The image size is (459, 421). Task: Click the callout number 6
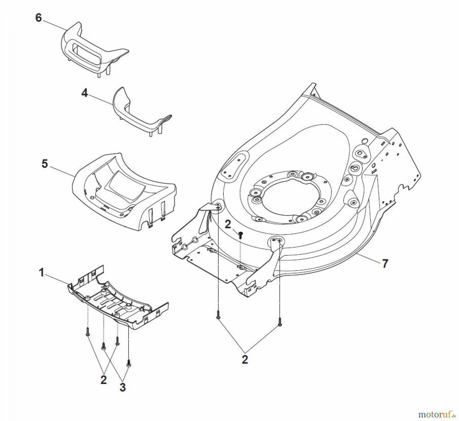38,18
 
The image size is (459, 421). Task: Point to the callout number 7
385,264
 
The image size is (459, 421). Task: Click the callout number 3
123,387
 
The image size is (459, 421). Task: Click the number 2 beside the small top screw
228,225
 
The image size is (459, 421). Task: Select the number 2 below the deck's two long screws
245,360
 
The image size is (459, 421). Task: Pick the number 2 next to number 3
103,380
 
